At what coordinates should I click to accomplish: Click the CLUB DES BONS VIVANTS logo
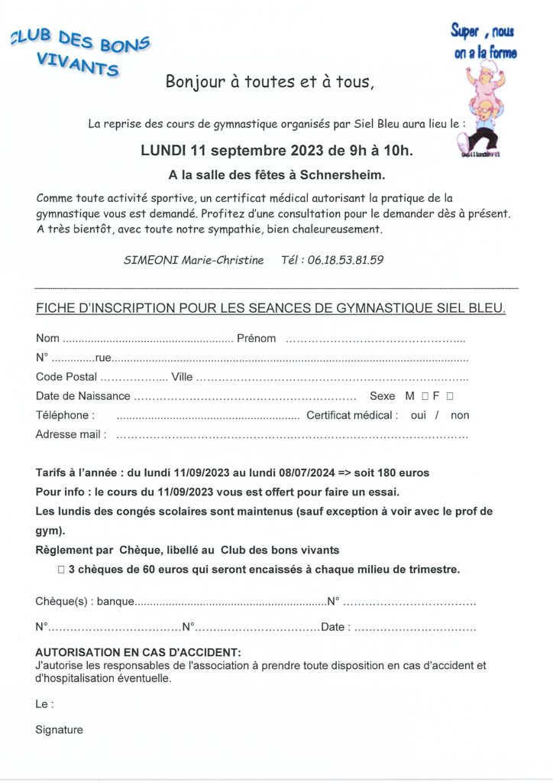pyautogui.click(x=81, y=54)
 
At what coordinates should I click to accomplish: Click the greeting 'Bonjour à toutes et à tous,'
pyautogui.click(x=270, y=82)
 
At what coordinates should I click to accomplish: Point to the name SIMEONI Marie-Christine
pyautogui.click(x=193, y=260)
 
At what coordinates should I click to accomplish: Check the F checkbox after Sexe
pyautogui.click(x=450, y=396)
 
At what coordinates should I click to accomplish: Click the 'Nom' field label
pyautogui.click(x=47, y=338)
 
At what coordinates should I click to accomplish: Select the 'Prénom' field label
pyautogui.click(x=257, y=338)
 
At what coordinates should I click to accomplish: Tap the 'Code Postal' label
pyautogui.click(x=66, y=376)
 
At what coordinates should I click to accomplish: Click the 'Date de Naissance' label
pyautogui.click(x=83, y=396)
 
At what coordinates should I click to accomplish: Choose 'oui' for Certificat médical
pyautogui.click(x=419, y=415)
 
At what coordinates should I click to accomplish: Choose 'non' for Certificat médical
pyautogui.click(x=460, y=415)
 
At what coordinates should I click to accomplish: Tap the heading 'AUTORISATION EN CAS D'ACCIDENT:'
pyautogui.click(x=138, y=652)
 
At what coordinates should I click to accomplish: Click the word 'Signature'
pyautogui.click(x=59, y=729)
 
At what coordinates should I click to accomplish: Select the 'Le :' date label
pyautogui.click(x=44, y=704)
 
